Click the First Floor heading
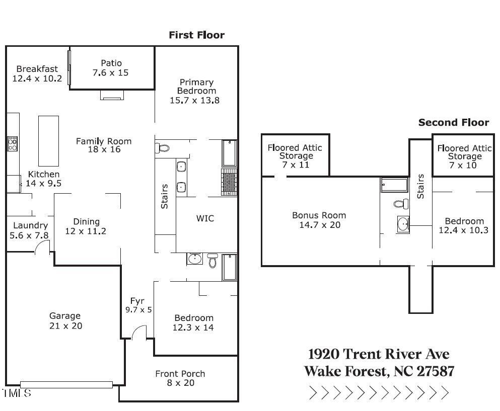tap(196, 35)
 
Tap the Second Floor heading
tap(454, 122)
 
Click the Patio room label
tap(111, 63)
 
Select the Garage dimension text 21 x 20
tap(65, 325)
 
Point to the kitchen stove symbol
tap(13, 144)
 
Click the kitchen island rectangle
tap(48, 141)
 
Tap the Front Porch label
tap(180, 373)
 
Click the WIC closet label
tap(205, 218)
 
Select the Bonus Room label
tap(319, 215)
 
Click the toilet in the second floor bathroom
tap(401, 204)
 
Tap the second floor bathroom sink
tap(403, 224)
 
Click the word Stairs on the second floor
tap(420, 186)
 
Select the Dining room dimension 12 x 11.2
tap(86, 231)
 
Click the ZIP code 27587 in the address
tap(436, 371)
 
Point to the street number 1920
tap(324, 354)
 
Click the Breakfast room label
tap(37, 69)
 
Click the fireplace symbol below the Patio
tap(112, 95)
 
